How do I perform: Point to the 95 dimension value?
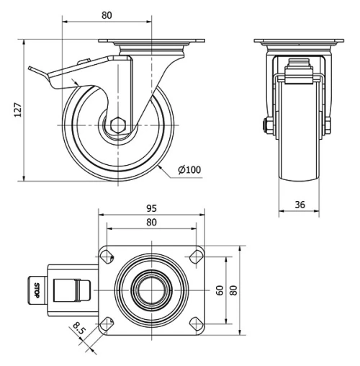(151, 207)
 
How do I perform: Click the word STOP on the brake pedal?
(37, 290)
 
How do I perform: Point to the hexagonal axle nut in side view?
(117, 125)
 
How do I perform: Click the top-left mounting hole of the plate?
(107, 255)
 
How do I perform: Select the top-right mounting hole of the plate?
(195, 255)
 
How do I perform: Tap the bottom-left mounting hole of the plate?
(107, 322)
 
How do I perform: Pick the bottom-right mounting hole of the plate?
(195, 322)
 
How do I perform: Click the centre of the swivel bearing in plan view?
(151, 289)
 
